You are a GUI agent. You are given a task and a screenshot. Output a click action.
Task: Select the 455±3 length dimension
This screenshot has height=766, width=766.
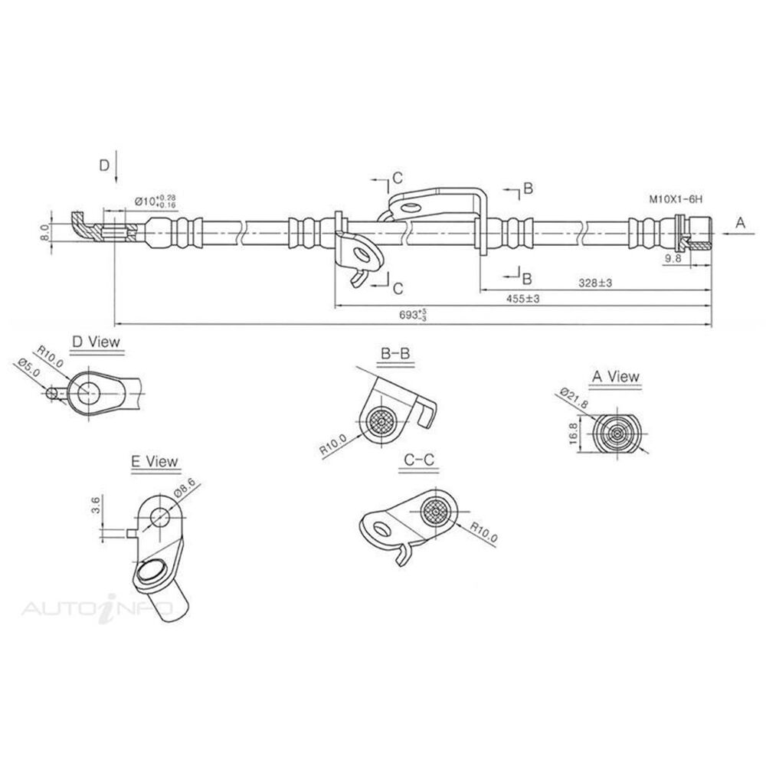[x=523, y=300]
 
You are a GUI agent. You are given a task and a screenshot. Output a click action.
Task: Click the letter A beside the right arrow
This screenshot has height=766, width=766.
[x=740, y=223]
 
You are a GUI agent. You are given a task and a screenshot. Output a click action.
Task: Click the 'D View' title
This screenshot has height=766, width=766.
[x=96, y=342]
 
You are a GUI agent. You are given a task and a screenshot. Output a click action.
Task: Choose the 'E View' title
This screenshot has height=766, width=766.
[x=155, y=461]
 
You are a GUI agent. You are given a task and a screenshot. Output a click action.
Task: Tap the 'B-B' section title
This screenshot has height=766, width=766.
[x=395, y=352]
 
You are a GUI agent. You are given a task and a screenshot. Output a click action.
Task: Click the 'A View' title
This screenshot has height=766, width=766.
[x=616, y=376]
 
